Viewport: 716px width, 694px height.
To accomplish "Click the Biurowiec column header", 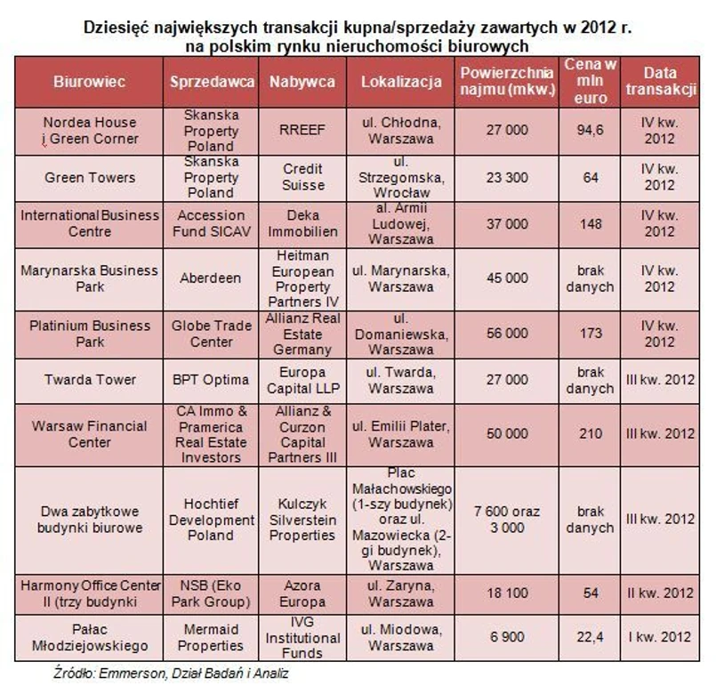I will click(x=89, y=81).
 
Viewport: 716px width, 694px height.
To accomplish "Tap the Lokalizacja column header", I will click(x=401, y=81).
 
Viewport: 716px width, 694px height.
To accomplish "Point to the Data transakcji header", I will click(x=659, y=81).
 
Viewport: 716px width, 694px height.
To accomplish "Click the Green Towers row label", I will click(x=90, y=177).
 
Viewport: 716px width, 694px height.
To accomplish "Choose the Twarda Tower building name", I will click(x=90, y=380).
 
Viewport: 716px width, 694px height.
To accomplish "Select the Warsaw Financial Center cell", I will click(x=90, y=434).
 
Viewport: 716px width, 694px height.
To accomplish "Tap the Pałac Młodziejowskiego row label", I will click(x=90, y=638).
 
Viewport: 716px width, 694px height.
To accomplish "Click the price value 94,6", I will click(x=588, y=130).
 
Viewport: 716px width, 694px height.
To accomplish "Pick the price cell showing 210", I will click(x=588, y=434).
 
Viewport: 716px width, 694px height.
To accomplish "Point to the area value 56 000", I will click(x=507, y=334).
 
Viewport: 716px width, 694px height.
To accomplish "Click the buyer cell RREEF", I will click(x=303, y=130).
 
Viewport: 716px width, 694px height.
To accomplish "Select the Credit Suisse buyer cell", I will click(x=303, y=177).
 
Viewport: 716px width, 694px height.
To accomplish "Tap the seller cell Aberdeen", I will click(x=211, y=278).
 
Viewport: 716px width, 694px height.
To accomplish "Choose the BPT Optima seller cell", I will click(x=211, y=380).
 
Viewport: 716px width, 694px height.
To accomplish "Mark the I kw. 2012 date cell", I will click(x=659, y=638).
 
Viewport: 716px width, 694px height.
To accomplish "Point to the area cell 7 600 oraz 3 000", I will click(x=507, y=520).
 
